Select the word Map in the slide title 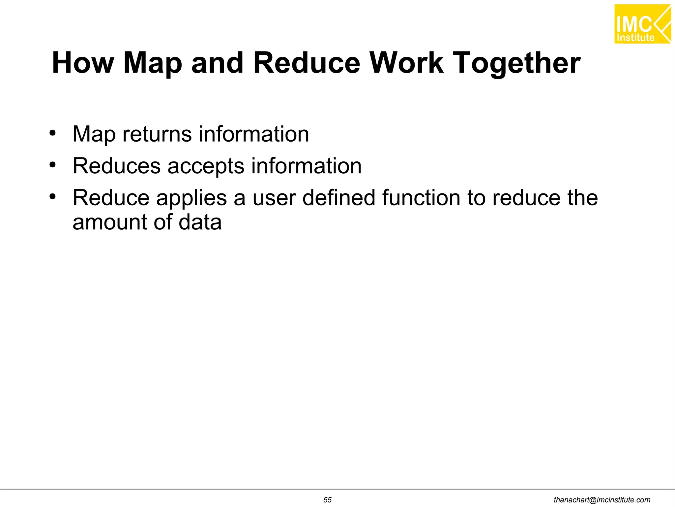click(152, 63)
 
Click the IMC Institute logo click(642, 24)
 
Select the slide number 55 click(327, 500)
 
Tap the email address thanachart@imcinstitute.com click(602, 500)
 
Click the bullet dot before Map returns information click(52, 133)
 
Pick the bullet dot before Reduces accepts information click(52, 164)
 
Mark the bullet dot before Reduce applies click(52, 196)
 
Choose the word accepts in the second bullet click(206, 166)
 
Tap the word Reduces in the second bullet click(116, 165)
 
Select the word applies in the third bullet click(191, 198)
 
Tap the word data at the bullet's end click(200, 222)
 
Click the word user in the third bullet click(274, 198)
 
